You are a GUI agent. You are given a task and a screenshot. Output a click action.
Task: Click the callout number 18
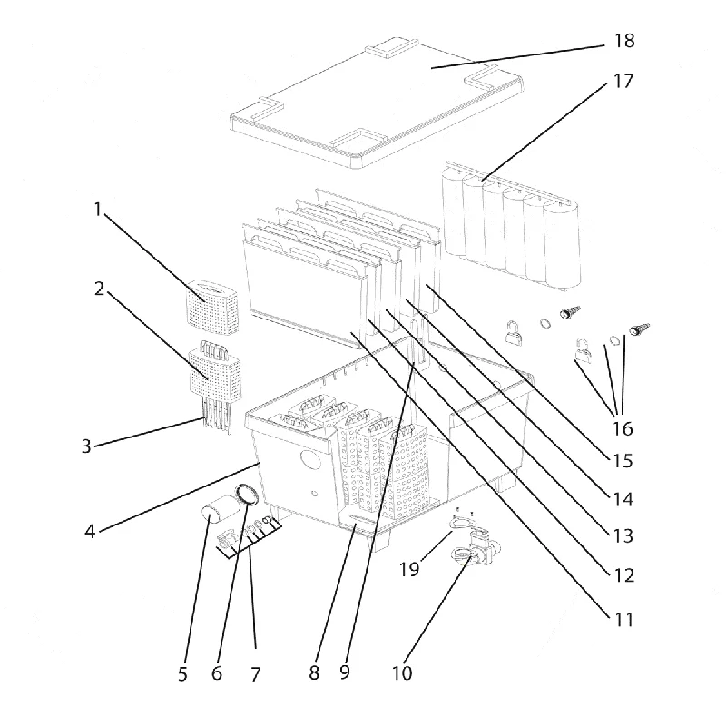pos(624,41)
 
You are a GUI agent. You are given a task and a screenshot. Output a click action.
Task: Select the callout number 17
pos(623,81)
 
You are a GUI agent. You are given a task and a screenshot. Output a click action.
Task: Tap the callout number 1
pos(98,210)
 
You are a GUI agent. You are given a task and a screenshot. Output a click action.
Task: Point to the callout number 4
pos(90,531)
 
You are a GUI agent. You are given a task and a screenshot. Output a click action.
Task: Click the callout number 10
pos(402,672)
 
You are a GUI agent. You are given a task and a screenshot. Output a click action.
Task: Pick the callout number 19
pos(409,569)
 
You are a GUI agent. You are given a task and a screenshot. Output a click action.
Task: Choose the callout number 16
pos(623,428)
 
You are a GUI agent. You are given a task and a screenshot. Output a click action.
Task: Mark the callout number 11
pos(623,619)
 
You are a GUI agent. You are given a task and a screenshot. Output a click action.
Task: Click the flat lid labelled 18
pos(377,103)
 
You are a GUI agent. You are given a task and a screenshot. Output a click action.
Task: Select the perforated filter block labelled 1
pos(212,307)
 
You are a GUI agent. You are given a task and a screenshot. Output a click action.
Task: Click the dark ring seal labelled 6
pos(247,495)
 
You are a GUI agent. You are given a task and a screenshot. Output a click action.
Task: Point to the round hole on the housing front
pos(310,458)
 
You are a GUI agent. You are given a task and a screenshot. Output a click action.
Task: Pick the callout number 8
pos(314,672)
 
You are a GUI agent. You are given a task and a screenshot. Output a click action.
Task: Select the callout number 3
pos(86,446)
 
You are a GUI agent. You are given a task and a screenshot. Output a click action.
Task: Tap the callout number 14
pos(623,499)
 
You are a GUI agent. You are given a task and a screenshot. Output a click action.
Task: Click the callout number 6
pos(217,673)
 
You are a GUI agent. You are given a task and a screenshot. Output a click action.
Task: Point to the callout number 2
pos(99,289)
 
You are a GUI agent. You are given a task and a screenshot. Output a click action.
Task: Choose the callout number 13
pos(623,535)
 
